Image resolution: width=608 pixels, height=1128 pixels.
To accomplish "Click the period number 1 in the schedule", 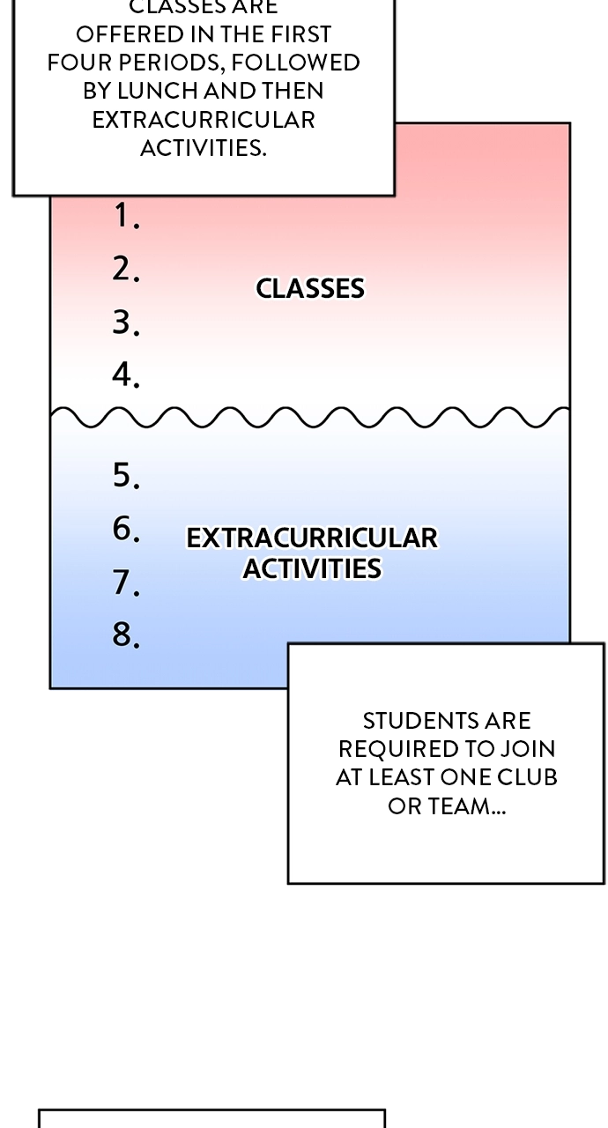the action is [x=125, y=216].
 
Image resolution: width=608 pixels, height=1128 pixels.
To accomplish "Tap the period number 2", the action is [x=125, y=269].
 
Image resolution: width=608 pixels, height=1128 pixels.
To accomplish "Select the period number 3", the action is [x=125, y=323].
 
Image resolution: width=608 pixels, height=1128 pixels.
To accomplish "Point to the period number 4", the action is [x=125, y=375].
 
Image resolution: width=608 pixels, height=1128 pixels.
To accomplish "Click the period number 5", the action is [x=125, y=475].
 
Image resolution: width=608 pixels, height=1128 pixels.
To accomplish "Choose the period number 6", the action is [x=125, y=529].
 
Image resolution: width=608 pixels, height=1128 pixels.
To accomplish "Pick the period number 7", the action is [x=125, y=583].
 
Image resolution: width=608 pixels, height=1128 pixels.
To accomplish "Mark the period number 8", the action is [x=125, y=634].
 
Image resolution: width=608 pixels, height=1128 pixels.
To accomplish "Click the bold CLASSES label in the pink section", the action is [x=310, y=288].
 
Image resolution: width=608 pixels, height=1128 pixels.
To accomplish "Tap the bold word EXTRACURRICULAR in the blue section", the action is [x=312, y=538].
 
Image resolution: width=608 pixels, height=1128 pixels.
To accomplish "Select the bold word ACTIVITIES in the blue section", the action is [x=312, y=568].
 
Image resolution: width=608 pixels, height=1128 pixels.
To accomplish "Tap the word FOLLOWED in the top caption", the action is [x=295, y=63].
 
